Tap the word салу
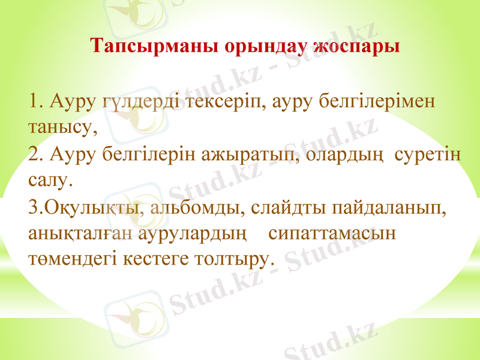(x=50, y=179)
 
